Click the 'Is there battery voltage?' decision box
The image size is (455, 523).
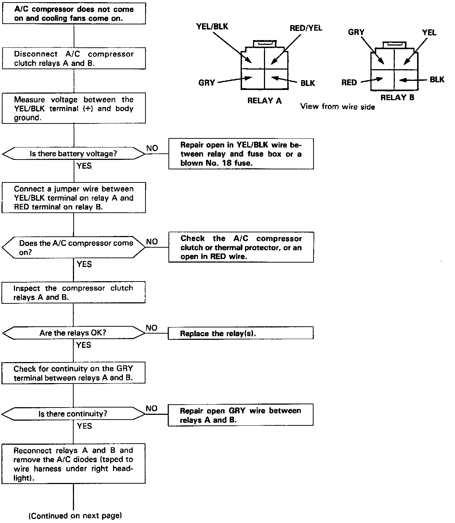pos(73,154)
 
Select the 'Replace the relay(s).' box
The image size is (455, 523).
pos(240,333)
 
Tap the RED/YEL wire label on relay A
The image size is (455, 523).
pos(306,28)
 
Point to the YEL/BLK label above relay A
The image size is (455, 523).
pos(212,26)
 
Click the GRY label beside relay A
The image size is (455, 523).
pos(207,83)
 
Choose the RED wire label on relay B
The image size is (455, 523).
pos(349,83)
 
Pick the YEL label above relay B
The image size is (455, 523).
pos(429,32)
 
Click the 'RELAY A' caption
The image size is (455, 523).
pos(264,101)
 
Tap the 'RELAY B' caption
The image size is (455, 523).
pos(397,98)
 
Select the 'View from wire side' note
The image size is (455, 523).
pos(337,107)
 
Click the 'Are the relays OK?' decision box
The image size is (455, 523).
pos(73,333)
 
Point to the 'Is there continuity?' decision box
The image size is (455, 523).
pos(73,414)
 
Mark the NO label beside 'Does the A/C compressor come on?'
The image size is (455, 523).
pos(152,241)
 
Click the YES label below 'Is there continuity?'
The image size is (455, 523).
pos(84,426)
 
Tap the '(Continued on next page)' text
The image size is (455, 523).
pos(75,516)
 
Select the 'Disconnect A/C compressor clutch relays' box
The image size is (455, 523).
pos(74,58)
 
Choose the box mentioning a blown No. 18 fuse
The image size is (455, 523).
pos(241,154)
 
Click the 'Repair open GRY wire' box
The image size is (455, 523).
pos(240,415)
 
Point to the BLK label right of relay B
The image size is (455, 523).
pos(437,79)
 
